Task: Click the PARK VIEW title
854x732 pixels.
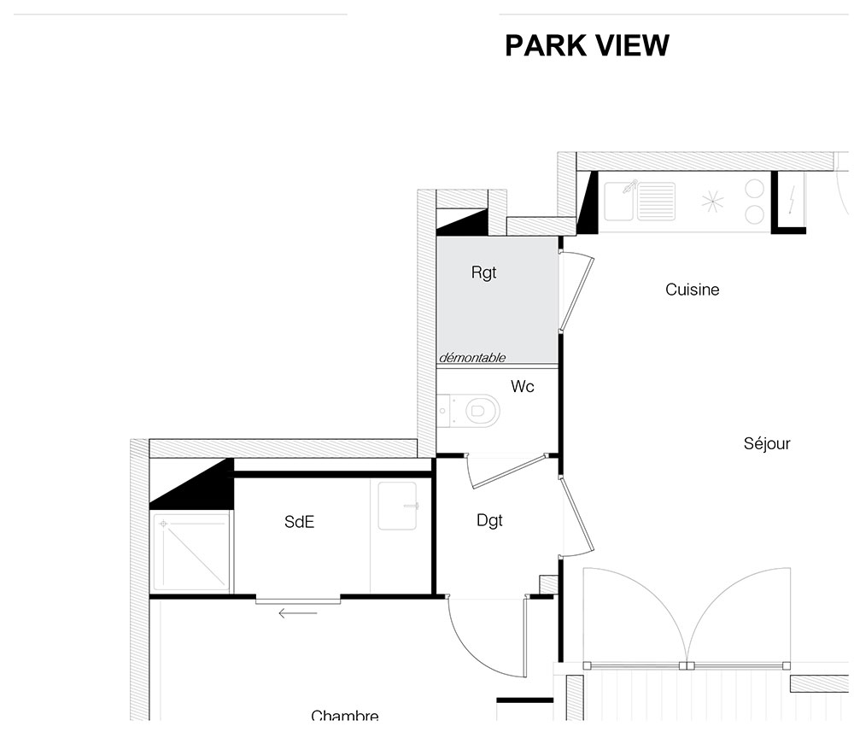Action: (587, 45)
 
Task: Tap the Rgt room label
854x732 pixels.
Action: (483, 272)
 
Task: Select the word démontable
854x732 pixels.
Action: (472, 358)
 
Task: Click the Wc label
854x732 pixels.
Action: (523, 387)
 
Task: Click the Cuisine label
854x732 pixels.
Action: (693, 290)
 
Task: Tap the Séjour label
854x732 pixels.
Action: (767, 443)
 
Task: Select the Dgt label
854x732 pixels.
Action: (489, 521)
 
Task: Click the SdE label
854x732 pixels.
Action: (299, 522)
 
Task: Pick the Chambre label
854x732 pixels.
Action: (345, 715)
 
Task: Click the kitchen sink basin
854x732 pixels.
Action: (619, 202)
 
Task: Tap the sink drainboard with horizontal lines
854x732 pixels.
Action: (656, 202)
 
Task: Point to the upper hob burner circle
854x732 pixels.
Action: (754, 189)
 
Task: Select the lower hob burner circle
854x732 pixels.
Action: (754, 214)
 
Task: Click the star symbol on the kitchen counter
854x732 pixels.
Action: (712, 202)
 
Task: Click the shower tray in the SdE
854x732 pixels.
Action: (190, 551)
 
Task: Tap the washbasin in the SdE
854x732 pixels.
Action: (398, 506)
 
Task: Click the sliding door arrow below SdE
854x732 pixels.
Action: (297, 613)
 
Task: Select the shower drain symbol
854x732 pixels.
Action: (163, 524)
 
